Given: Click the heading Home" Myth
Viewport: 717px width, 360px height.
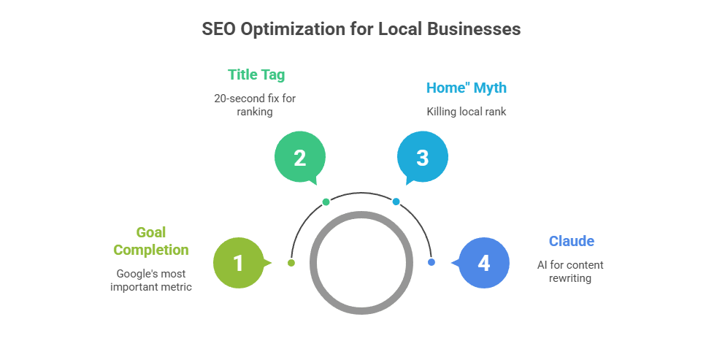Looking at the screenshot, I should point(466,88).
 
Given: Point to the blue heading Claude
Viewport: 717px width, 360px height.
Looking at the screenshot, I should point(571,241).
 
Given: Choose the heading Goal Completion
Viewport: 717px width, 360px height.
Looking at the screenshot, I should point(151,241).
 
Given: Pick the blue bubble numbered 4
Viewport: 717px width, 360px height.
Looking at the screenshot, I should point(483,263).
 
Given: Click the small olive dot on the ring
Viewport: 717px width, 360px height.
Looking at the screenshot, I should point(291,262).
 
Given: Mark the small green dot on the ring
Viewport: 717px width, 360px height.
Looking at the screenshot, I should point(326,202).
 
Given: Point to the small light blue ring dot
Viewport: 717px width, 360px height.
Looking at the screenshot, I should point(396,202).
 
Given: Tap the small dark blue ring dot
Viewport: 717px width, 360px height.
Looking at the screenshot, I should point(431,262).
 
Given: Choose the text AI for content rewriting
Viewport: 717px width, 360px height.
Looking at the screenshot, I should point(570,271).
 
